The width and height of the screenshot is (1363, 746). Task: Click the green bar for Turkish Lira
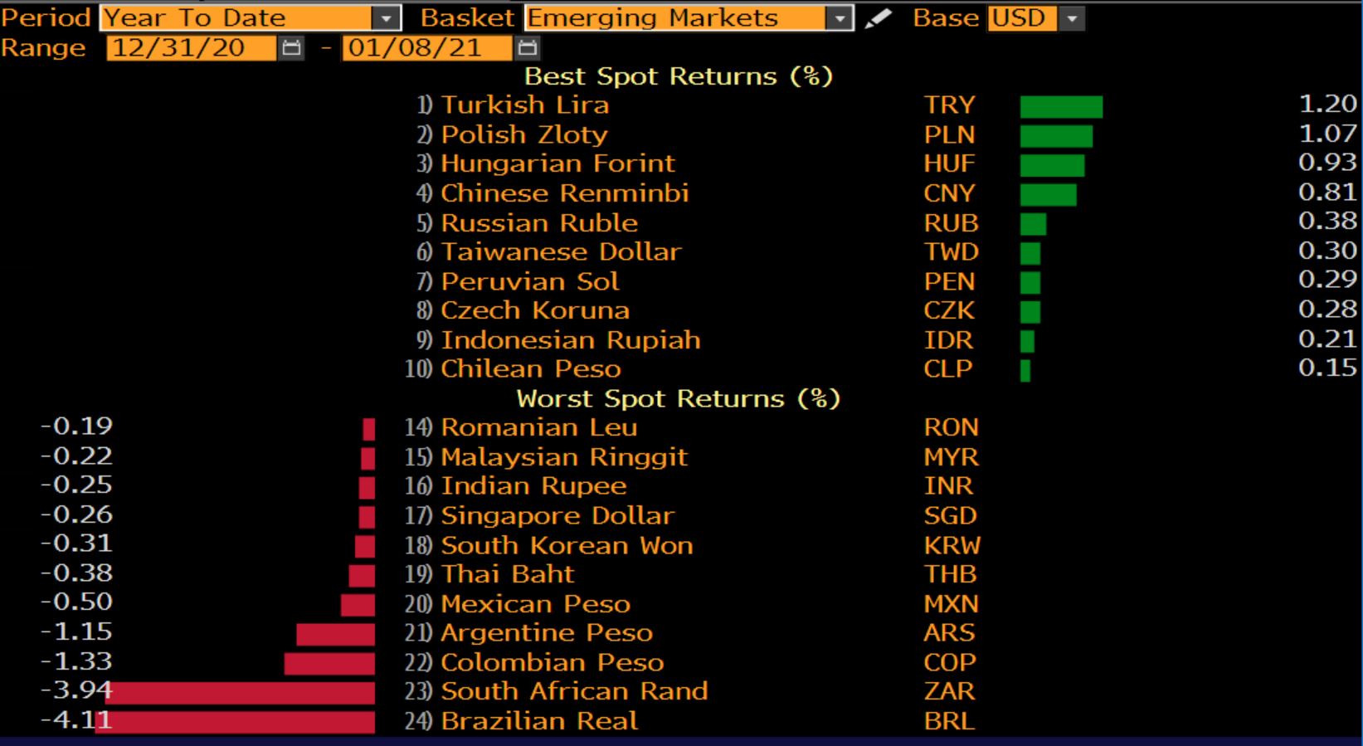tap(1061, 106)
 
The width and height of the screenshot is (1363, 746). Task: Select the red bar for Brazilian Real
tap(236, 721)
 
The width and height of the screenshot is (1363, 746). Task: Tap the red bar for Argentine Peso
tap(335, 634)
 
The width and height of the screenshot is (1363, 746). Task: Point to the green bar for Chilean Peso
tap(1025, 370)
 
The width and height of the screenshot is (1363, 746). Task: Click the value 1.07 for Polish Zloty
tap(1327, 134)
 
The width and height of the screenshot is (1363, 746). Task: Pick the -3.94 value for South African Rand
tap(75, 690)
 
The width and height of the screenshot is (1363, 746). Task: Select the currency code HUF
tap(949, 163)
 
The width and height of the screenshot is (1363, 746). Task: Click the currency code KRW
tap(952, 545)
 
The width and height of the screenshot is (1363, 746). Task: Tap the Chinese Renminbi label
tap(564, 193)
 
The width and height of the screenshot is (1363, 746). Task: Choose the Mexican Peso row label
tap(535, 604)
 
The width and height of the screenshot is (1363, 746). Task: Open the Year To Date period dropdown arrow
tap(386, 18)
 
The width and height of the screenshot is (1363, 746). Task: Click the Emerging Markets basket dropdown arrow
tap(840, 18)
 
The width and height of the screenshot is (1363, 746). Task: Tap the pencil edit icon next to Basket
tap(877, 18)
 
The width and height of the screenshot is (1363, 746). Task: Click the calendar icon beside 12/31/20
tap(291, 48)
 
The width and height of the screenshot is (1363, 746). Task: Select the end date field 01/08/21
tap(415, 48)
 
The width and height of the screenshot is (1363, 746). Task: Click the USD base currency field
tap(1021, 18)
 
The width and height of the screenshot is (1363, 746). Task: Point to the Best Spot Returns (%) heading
tap(678, 76)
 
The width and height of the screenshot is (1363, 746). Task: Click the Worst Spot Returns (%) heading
tap(678, 399)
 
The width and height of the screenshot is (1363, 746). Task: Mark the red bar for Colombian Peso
tap(329, 663)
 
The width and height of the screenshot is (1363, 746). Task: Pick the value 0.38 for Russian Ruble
tap(1327, 221)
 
